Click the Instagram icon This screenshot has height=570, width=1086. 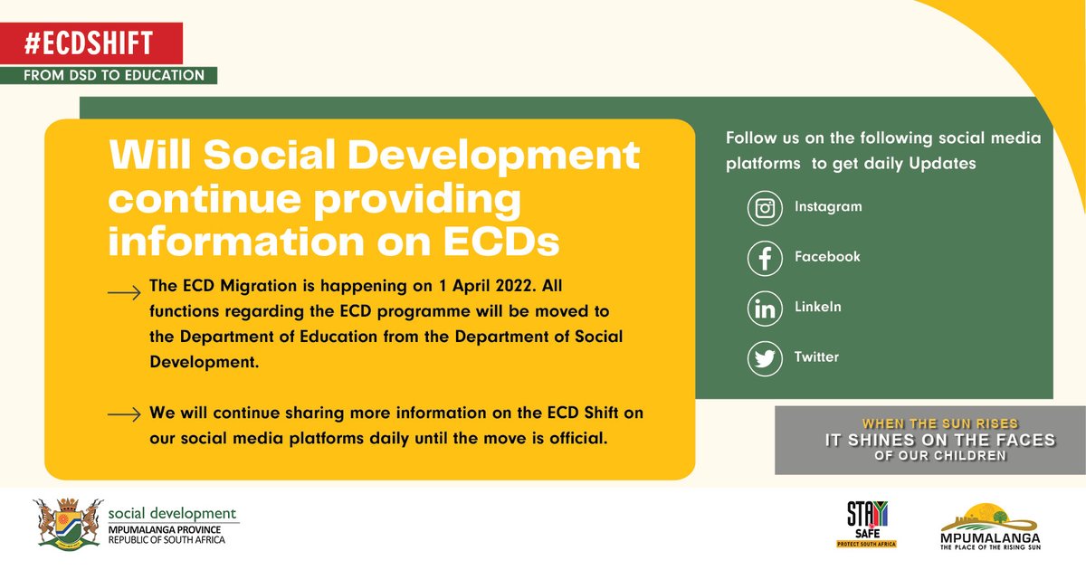pyautogui.click(x=765, y=208)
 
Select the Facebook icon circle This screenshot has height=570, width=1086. pyautogui.click(x=765, y=258)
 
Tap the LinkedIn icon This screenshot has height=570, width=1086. pyautogui.click(x=765, y=308)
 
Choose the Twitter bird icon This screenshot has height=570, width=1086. pyautogui.click(x=765, y=358)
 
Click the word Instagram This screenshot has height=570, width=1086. pyautogui.click(x=828, y=207)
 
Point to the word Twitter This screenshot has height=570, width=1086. pyautogui.click(x=816, y=357)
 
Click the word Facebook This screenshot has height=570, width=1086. pyautogui.click(x=827, y=257)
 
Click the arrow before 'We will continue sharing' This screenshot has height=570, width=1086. pyautogui.click(x=124, y=414)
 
